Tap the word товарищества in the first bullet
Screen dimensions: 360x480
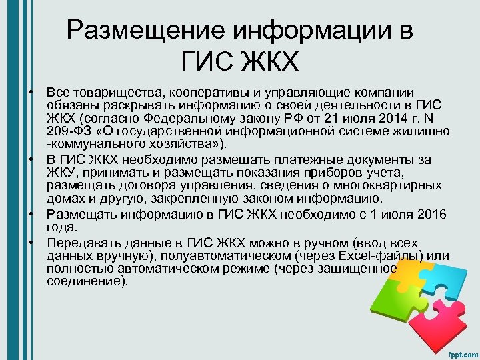tap(109, 91)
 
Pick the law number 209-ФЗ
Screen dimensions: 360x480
tap(71, 131)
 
